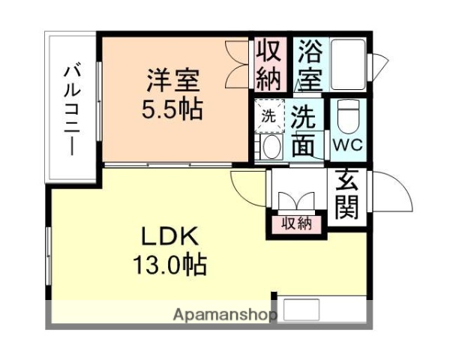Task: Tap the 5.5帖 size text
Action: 172,110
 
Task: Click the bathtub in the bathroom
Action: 347,64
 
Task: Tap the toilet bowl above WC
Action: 347,116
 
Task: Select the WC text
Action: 347,145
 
